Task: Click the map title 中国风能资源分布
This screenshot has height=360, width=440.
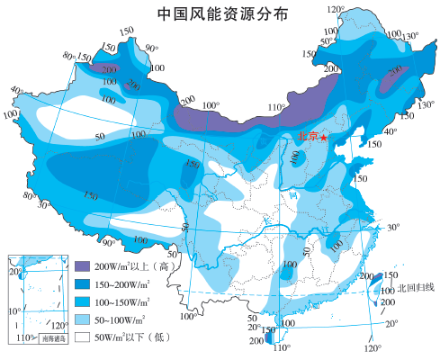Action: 220,13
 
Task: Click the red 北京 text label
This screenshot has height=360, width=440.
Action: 307,137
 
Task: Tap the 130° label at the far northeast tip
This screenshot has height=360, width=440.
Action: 411,37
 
